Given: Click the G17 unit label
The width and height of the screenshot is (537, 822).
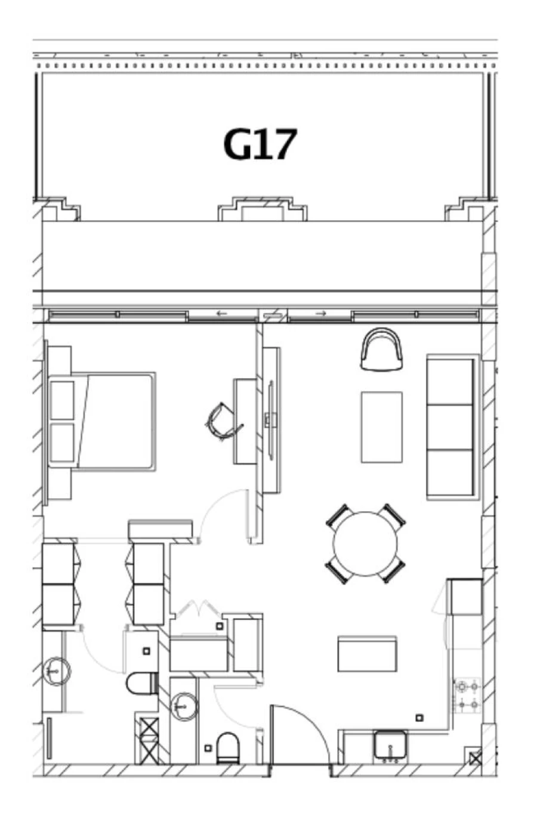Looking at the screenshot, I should (x=260, y=145).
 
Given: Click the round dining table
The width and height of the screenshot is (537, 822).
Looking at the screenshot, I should (x=365, y=543).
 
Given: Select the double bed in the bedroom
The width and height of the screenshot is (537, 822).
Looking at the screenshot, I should (x=113, y=421).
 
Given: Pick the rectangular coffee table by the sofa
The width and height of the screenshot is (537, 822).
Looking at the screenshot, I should (x=381, y=427).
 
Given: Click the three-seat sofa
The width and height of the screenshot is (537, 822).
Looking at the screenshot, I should (x=452, y=427).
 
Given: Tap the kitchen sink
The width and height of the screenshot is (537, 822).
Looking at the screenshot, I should (x=391, y=746).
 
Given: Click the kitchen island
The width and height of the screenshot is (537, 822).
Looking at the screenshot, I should (x=367, y=654).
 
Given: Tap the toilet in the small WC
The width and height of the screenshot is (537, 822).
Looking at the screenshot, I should (x=227, y=747).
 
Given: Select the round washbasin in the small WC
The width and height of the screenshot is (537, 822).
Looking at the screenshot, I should (x=184, y=707).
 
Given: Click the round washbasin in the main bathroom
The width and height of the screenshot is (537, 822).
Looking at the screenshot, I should (x=57, y=671).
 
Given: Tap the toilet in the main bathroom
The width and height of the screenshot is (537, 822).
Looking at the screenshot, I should (x=141, y=683).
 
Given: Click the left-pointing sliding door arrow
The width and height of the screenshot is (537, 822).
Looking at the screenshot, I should (x=222, y=313).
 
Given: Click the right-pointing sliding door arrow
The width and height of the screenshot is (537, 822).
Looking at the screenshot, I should (x=321, y=313).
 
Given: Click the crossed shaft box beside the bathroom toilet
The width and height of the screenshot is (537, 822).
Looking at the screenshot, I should (x=149, y=740).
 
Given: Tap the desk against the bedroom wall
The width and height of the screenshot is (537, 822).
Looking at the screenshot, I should (x=245, y=421).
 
